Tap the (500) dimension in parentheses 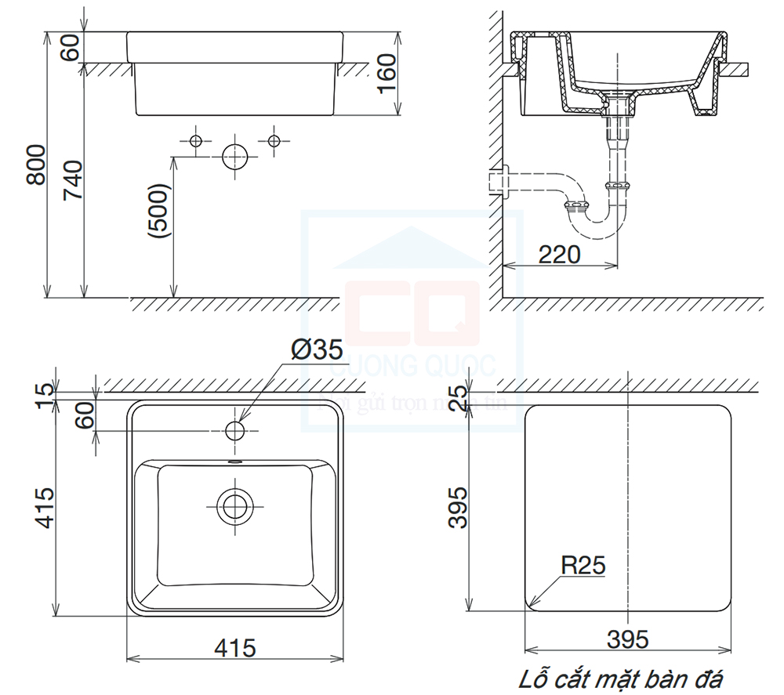pyautogui.click(x=159, y=212)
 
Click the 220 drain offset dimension pyautogui.click(x=559, y=254)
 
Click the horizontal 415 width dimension pyautogui.click(x=235, y=648)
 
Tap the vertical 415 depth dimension pyautogui.click(x=44, y=508)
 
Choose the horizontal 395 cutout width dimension pyautogui.click(x=627, y=639)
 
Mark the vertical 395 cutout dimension pyautogui.click(x=459, y=506)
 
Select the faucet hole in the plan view pyautogui.click(x=234, y=430)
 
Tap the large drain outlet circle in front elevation pyautogui.click(x=234, y=157)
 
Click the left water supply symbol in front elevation pyautogui.click(x=196, y=140)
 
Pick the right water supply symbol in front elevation pyautogui.click(x=274, y=140)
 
